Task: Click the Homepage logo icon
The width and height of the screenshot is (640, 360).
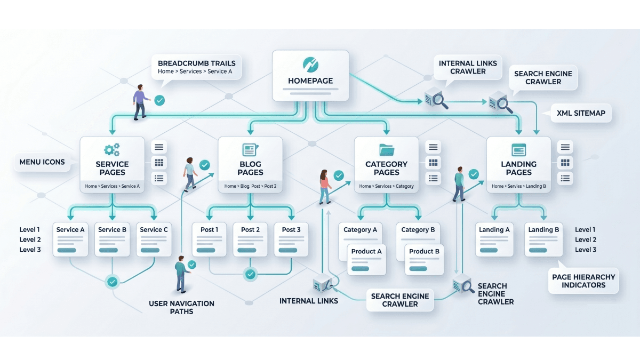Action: tap(310, 65)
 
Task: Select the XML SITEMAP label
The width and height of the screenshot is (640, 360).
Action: tap(581, 113)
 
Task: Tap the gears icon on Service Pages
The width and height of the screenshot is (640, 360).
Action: tap(111, 150)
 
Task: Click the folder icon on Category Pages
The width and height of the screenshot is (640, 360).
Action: tap(387, 150)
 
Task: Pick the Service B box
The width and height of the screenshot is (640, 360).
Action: tap(112, 239)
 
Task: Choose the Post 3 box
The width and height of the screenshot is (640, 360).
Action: tap(291, 239)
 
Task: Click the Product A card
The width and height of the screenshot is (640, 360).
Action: tap(366, 260)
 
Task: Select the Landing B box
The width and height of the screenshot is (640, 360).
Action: tap(543, 239)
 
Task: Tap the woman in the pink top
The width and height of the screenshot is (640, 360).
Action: tap(325, 187)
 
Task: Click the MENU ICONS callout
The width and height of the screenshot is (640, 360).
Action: tap(42, 162)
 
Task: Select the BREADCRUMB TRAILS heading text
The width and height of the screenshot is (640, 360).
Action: tap(197, 63)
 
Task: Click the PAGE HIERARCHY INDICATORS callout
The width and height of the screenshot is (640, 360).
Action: tap(583, 281)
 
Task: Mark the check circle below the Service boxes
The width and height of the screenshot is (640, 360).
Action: tap(113, 282)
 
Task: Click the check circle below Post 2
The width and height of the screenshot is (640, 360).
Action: tap(250, 275)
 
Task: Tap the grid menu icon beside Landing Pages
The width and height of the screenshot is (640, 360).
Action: tap(565, 163)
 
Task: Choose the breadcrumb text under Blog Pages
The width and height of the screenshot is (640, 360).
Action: tap(250, 186)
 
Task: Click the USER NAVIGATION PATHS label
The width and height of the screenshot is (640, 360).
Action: tap(181, 307)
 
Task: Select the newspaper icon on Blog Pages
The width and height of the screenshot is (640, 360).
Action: tap(250, 150)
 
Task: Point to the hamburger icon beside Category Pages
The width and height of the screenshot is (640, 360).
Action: tap(433, 147)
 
